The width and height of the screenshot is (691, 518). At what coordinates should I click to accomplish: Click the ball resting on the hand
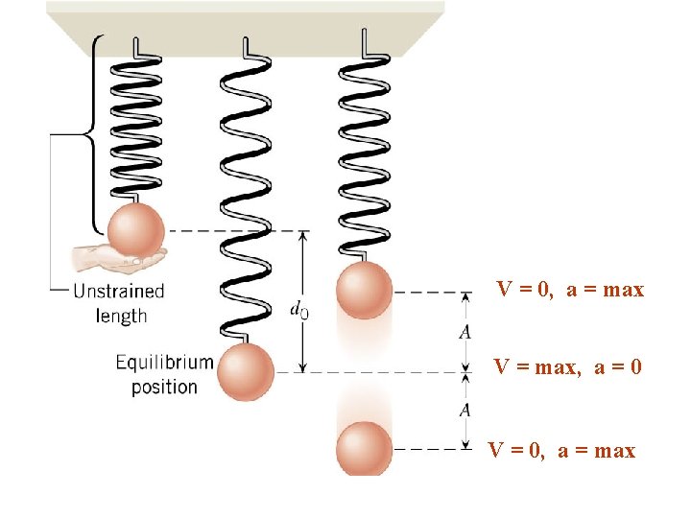[x=135, y=231]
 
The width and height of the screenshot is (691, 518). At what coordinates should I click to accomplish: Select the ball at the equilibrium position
[x=246, y=372]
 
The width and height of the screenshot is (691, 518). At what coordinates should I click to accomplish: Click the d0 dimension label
[x=298, y=310]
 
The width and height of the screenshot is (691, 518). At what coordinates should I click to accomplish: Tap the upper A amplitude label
[x=465, y=332]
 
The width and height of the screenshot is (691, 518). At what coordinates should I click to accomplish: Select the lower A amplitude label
[x=465, y=411]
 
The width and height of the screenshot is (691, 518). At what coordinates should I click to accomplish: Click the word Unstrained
[x=119, y=291]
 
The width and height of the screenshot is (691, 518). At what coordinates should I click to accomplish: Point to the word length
[x=122, y=315]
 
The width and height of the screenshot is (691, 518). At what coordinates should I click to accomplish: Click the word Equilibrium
[x=164, y=363]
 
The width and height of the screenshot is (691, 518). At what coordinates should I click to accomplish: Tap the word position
[x=164, y=387]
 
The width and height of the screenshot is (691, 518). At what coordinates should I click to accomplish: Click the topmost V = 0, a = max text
[x=570, y=289]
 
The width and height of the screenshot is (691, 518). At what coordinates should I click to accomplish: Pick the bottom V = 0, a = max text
[x=561, y=450]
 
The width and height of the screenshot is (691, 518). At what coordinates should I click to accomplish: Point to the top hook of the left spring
[x=141, y=47]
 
